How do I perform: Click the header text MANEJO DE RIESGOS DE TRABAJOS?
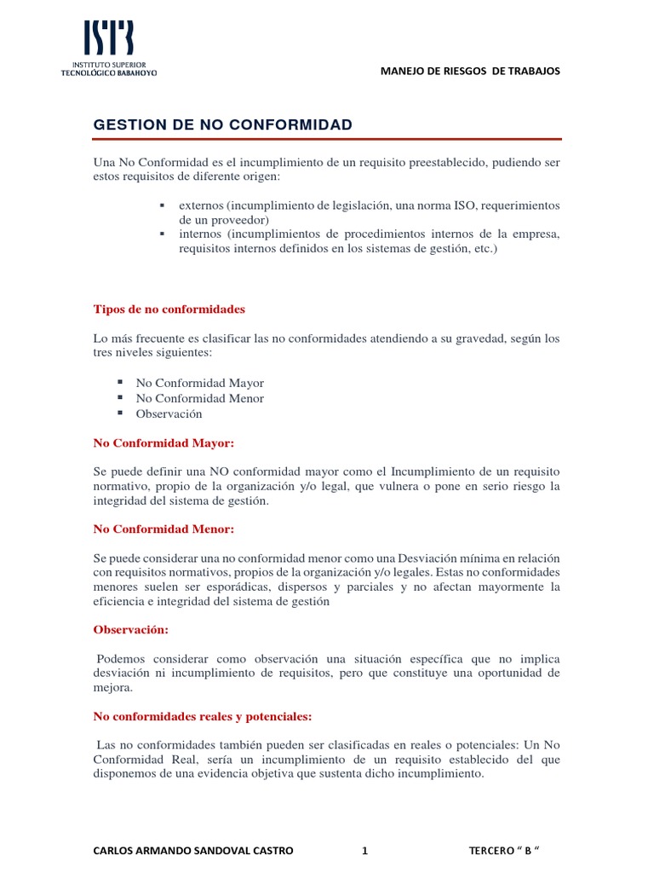pyautogui.click(x=470, y=71)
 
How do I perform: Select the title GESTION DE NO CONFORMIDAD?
pyautogui.click(x=222, y=125)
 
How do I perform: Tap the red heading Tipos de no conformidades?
pyautogui.click(x=169, y=309)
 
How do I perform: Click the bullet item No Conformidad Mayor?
pyautogui.click(x=199, y=383)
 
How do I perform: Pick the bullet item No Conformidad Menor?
pyautogui.click(x=199, y=398)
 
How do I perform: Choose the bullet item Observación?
pyautogui.click(x=169, y=413)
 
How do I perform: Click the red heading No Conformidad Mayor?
pyautogui.click(x=163, y=443)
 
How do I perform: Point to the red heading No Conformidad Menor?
pyautogui.click(x=163, y=529)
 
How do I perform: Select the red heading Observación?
pyautogui.click(x=130, y=629)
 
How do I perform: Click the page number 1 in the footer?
pyautogui.click(x=364, y=851)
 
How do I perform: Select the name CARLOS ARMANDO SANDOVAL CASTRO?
pyautogui.click(x=193, y=851)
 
